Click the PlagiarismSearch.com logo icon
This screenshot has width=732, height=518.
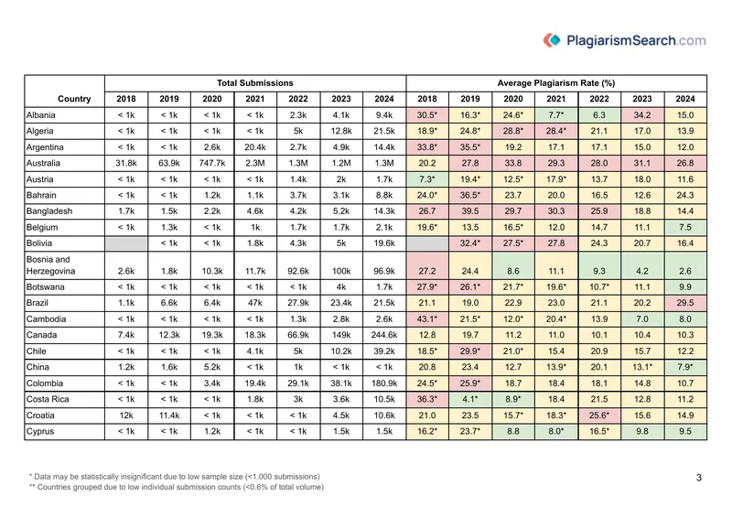(552, 40)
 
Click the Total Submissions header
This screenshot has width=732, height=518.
(255, 83)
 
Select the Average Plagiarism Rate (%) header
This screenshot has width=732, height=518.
(556, 83)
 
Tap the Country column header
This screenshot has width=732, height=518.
(74, 99)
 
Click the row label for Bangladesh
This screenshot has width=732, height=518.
(49, 211)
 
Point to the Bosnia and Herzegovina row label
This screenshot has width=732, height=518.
(48, 265)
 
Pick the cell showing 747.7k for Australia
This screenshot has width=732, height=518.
(212, 164)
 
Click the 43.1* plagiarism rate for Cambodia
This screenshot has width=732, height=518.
(427, 319)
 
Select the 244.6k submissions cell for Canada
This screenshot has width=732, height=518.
(384, 335)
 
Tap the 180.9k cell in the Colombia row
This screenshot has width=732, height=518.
(384, 383)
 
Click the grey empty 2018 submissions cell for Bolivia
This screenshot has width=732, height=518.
(126, 243)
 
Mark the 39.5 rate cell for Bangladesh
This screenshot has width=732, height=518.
(470, 211)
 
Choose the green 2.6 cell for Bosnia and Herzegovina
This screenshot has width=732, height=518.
(685, 265)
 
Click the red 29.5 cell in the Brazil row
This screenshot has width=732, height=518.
(685, 303)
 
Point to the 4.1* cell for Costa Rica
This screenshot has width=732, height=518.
(470, 399)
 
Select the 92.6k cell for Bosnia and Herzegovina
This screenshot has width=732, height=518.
(298, 271)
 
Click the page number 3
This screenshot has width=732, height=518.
(699, 478)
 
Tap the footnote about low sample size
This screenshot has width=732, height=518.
(174, 477)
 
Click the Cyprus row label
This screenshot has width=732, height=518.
(40, 432)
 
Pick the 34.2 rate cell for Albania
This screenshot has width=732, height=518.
(642, 115)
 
